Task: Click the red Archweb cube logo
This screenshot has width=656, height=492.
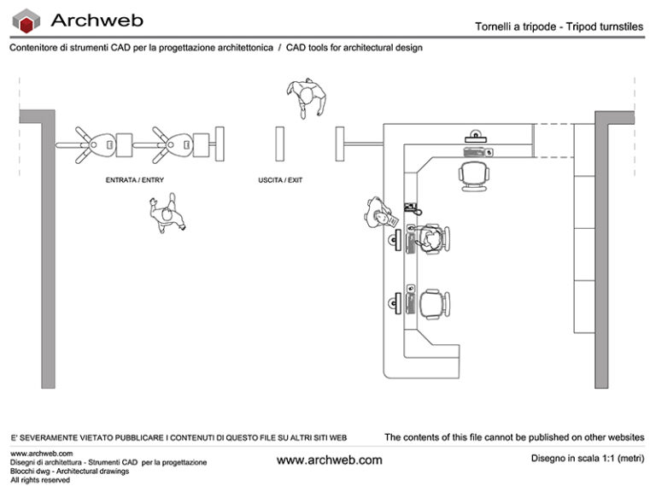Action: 29,20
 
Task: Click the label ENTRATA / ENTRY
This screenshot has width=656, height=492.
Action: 134,180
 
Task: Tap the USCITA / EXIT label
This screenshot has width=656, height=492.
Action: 280,180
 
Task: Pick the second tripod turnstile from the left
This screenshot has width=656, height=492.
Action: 174,145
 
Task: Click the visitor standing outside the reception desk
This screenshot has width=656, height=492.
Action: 377,213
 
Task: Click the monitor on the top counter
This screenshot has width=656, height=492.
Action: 475,135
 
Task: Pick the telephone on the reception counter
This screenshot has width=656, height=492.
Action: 412,208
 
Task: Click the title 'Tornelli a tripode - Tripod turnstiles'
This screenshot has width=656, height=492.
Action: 559,26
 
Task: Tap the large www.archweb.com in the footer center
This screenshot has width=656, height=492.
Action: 330,460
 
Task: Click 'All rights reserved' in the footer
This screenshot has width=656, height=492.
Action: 39,480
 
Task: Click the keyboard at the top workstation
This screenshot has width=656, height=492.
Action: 475,152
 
